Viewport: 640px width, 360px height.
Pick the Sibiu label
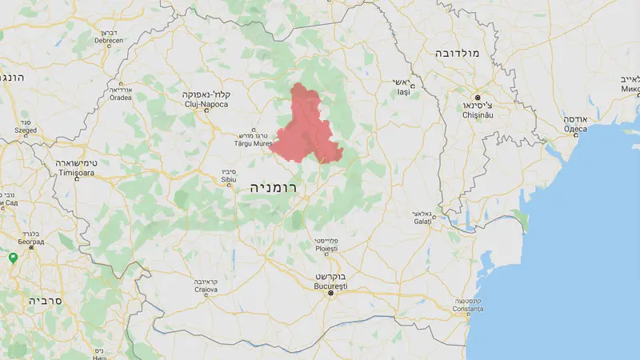pyautogui.click(x=229, y=181)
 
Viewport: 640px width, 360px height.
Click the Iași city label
pyautogui.click(x=402, y=93)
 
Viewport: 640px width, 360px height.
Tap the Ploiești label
pyautogui.click(x=325, y=250)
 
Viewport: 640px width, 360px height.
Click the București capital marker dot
pyautogui.click(x=330, y=294)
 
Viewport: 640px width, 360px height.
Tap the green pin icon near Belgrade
pyautogui.click(x=13, y=258)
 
